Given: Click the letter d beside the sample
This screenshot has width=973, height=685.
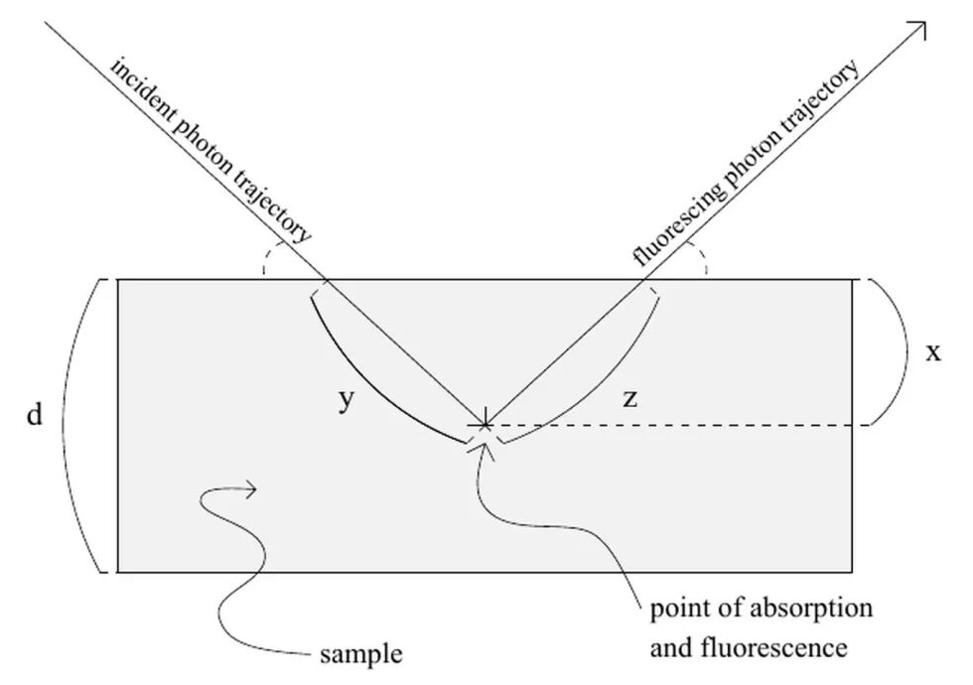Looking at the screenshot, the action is [x=35, y=414].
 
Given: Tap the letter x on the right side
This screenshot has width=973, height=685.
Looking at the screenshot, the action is [x=932, y=352].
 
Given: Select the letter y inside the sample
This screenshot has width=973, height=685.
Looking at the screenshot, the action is [x=347, y=400].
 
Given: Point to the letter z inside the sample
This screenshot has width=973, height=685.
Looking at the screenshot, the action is [x=629, y=399].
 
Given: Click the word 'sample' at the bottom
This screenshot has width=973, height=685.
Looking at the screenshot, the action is [x=361, y=654].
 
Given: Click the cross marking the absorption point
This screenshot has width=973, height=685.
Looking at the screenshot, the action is [x=485, y=425].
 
